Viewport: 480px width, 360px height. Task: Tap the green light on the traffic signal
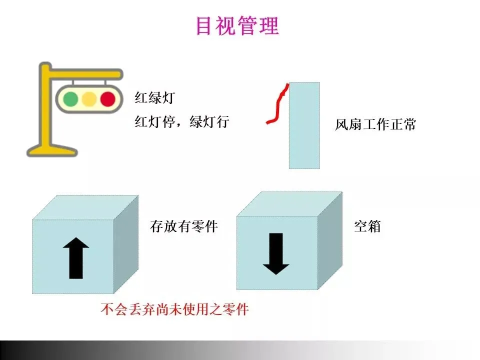tap(70, 98)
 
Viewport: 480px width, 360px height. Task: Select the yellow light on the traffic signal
tap(89, 98)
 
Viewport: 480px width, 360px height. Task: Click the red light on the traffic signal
tap(107, 98)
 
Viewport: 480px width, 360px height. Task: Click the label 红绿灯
tap(154, 97)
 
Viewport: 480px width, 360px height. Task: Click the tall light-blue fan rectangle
tap(304, 125)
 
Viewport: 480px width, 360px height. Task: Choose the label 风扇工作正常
tap(375, 124)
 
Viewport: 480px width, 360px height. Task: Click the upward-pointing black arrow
tap(76, 257)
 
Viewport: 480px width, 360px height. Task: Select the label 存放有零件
tap(184, 226)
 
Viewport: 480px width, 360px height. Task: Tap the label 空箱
tap(367, 226)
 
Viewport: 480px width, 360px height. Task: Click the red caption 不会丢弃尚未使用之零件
tap(174, 309)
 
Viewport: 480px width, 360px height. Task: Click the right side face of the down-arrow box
tap(330, 240)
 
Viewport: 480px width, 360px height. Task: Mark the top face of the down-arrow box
tap(289, 204)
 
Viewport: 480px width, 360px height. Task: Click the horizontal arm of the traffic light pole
tap(85, 74)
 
